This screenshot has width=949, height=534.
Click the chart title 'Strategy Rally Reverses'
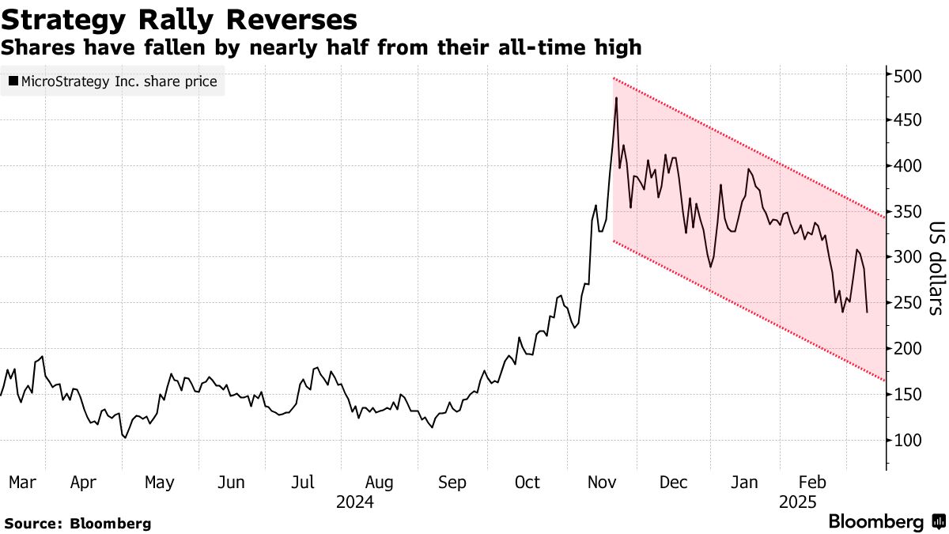(x=179, y=19)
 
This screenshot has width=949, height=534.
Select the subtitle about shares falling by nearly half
(x=321, y=48)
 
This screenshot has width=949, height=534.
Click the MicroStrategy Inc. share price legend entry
(x=112, y=81)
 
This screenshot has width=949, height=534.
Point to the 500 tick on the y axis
(x=908, y=76)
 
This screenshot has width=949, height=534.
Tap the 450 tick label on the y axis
(x=908, y=120)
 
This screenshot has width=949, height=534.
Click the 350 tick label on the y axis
(x=908, y=212)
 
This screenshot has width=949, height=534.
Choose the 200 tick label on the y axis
(x=908, y=349)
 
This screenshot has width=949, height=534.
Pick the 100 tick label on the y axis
(x=908, y=440)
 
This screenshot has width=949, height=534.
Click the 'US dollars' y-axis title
(x=935, y=268)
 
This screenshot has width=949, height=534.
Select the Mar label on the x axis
(x=21, y=483)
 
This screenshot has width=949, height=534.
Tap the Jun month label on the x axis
(x=230, y=483)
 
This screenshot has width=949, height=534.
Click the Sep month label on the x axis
(x=452, y=483)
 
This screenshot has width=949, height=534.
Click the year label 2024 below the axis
(x=354, y=502)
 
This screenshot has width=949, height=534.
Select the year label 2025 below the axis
(x=797, y=502)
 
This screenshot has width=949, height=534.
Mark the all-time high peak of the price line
(x=616, y=97)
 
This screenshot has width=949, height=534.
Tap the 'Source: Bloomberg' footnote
(x=78, y=523)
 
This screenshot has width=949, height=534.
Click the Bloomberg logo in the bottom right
(x=886, y=522)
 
